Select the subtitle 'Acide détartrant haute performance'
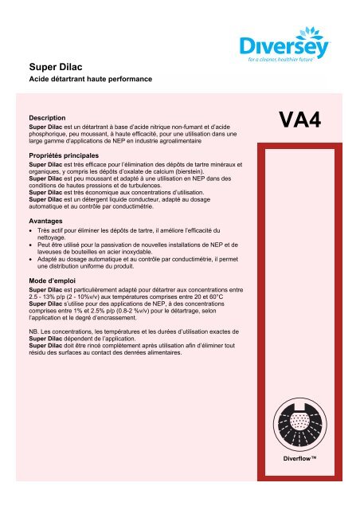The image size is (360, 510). (x=85, y=81)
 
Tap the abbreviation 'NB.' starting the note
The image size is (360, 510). (x=34, y=328)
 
